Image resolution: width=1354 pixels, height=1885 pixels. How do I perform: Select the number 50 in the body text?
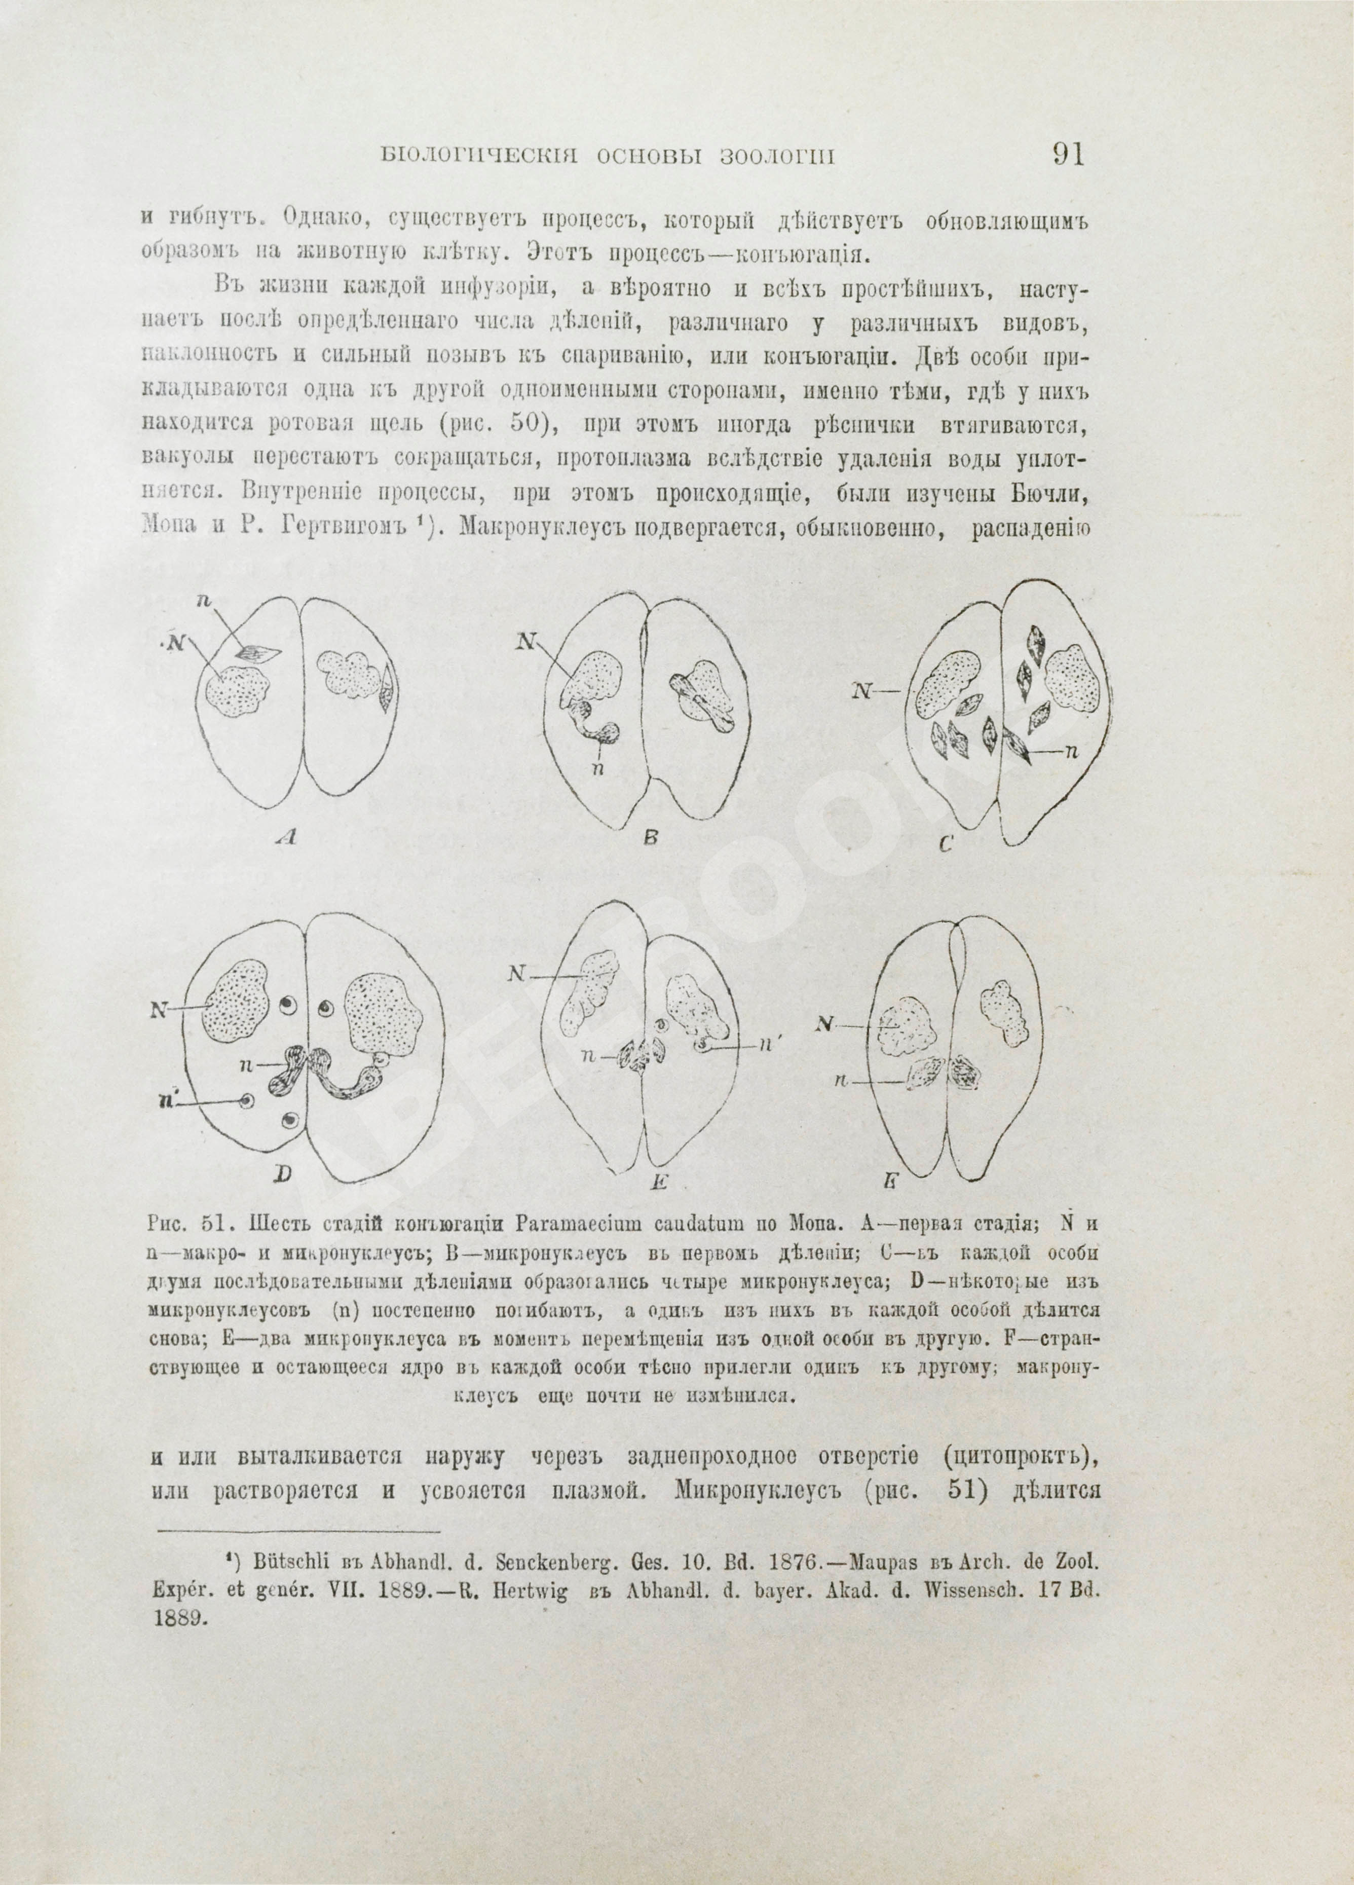[x=528, y=424]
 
